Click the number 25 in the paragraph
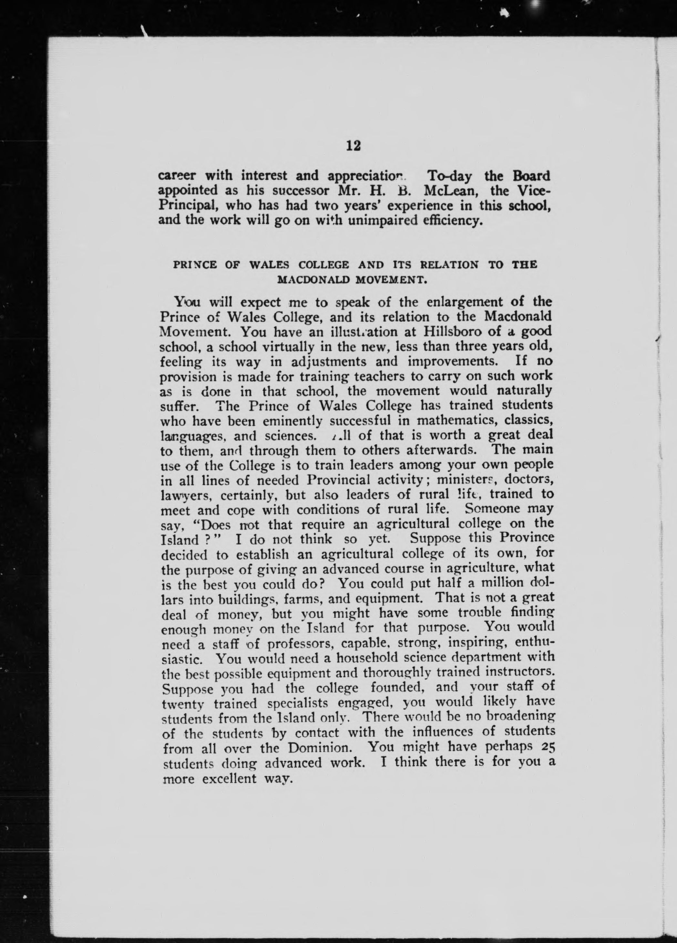click(x=549, y=747)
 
